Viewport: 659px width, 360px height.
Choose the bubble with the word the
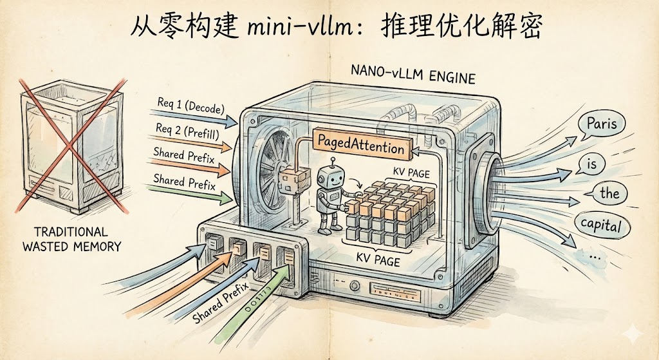609,193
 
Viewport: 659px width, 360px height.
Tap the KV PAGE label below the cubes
378,260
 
